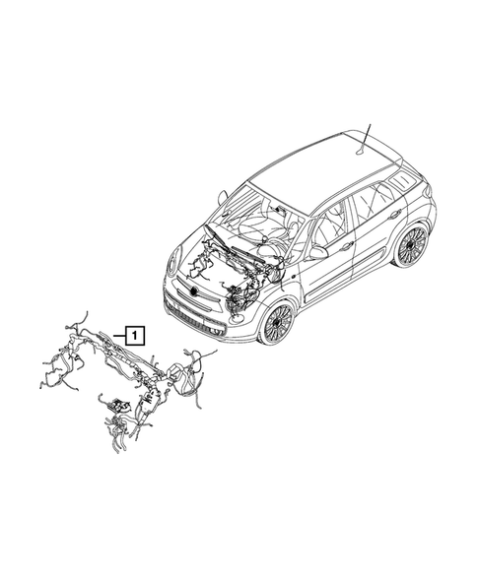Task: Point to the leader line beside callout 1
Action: pos(116,335)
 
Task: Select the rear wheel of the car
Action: pos(409,246)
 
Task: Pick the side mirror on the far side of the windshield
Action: pos(224,197)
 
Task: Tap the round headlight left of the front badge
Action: pos(172,263)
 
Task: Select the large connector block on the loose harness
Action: pos(180,375)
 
